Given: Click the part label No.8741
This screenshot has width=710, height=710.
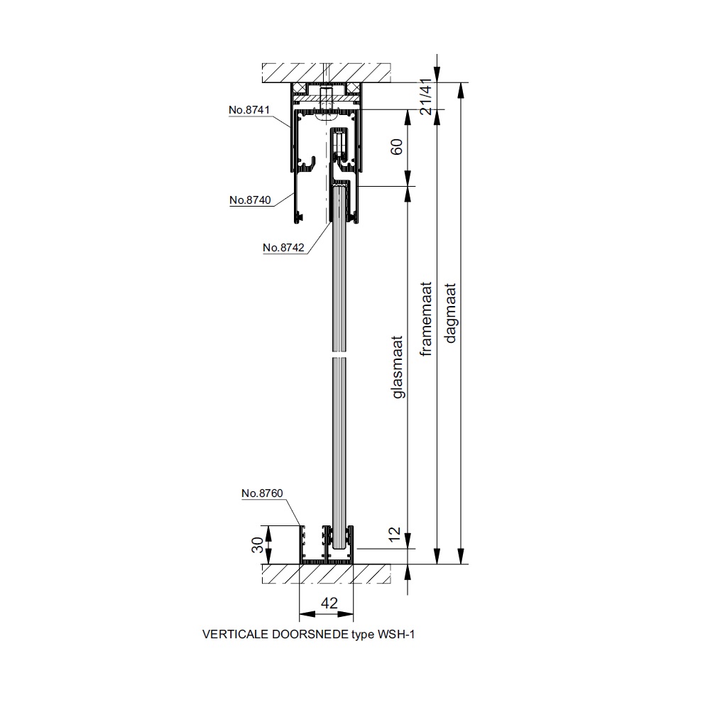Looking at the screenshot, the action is click(x=249, y=109).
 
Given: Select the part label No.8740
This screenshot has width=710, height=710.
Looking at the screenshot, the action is click(x=250, y=200).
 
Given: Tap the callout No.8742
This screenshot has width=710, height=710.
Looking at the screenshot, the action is click(x=283, y=247).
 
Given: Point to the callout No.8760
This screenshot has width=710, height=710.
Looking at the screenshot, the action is click(x=262, y=493).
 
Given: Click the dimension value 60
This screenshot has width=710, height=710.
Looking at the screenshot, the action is click(x=396, y=147).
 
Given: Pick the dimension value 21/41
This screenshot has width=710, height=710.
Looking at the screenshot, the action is click(x=425, y=96).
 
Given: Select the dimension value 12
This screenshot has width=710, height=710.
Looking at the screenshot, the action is click(x=395, y=533).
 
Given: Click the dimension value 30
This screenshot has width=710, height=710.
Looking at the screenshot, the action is click(x=257, y=545).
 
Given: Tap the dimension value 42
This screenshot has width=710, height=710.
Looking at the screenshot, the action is click(x=329, y=603).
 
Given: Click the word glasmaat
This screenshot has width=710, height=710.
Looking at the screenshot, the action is click(x=397, y=367).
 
